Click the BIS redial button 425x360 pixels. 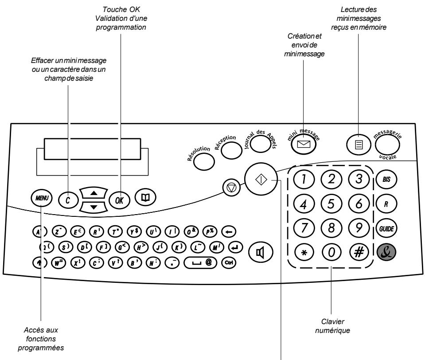385,180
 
